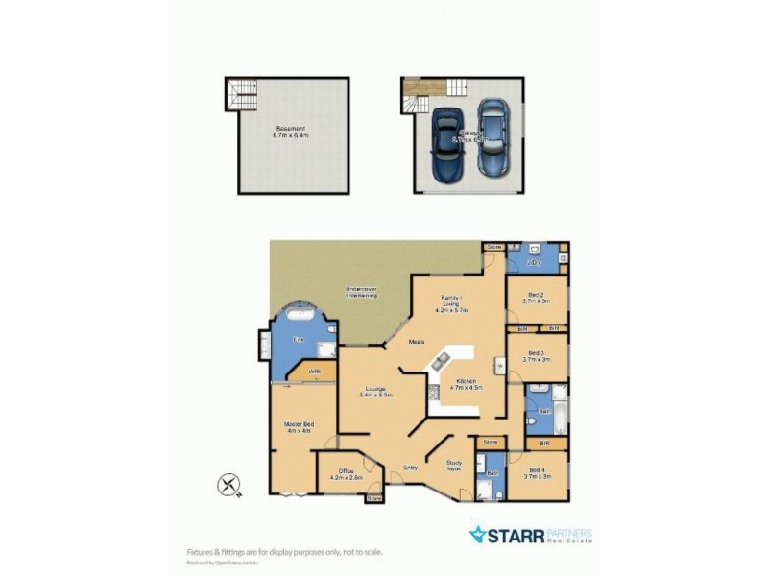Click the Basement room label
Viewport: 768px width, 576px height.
pos(290,132)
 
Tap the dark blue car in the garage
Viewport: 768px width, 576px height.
pos(447,144)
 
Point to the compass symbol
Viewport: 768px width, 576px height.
pos(228,485)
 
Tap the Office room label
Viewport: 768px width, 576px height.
pos(346,473)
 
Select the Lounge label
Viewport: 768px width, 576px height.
pos(374,391)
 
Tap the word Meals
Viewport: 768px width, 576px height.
pos(417,341)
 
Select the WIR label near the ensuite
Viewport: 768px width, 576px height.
pos(313,372)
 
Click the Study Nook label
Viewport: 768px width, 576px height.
pos(455,465)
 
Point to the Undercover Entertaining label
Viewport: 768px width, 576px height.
pos(361,292)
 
